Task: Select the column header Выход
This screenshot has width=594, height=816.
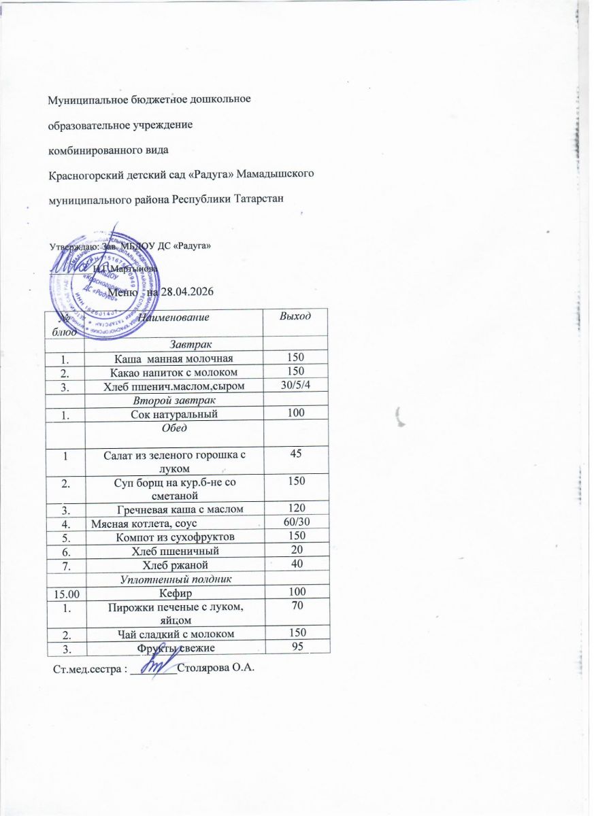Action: coord(296,316)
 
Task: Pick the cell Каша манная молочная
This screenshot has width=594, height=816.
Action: coord(176,358)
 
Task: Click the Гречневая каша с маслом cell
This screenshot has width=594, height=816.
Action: coord(180,509)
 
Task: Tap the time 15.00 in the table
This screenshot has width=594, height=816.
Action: coord(64,594)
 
